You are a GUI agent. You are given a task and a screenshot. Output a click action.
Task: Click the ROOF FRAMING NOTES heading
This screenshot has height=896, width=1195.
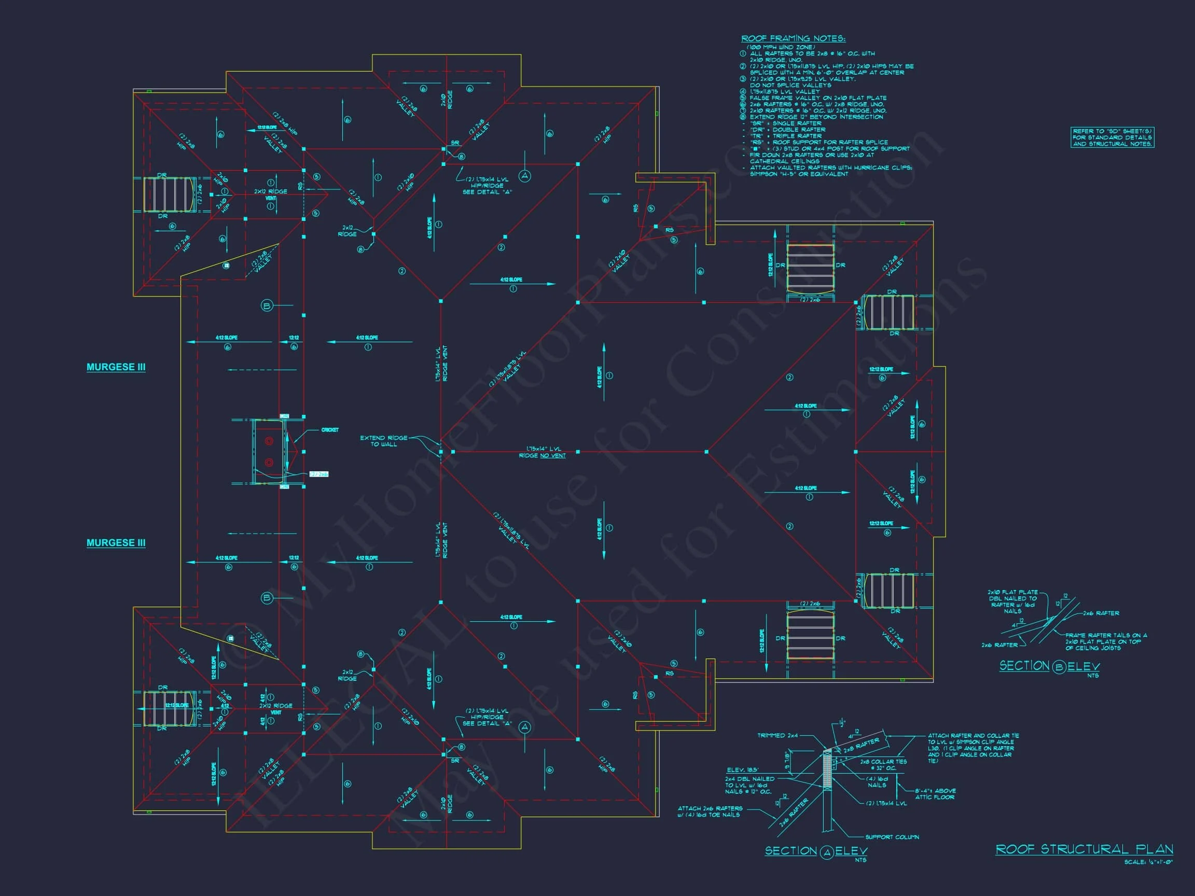(793, 38)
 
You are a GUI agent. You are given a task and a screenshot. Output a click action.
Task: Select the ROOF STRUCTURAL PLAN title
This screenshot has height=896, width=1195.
(1083, 849)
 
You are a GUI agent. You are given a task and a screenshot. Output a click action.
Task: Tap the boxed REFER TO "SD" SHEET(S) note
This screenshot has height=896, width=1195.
(1112, 138)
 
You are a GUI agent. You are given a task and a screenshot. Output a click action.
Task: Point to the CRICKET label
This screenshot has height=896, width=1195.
(329, 430)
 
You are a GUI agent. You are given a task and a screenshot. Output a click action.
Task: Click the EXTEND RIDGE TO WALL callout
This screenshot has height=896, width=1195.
(384, 441)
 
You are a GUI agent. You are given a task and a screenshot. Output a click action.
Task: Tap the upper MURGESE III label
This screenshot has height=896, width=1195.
(116, 367)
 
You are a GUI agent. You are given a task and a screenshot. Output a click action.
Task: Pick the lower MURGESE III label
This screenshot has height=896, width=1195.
(116, 543)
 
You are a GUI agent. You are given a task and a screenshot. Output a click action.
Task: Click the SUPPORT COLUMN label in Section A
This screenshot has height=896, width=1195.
(892, 837)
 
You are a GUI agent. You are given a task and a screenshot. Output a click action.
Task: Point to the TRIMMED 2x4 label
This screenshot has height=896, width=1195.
(777, 736)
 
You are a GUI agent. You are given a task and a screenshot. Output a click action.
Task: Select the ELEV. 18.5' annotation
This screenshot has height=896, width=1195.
(743, 770)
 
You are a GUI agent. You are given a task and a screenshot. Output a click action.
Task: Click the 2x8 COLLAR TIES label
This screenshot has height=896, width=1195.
(883, 764)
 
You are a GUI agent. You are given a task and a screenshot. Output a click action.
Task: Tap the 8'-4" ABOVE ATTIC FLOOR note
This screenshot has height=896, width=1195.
(935, 794)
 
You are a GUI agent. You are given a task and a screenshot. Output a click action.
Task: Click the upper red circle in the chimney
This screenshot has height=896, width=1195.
(269, 441)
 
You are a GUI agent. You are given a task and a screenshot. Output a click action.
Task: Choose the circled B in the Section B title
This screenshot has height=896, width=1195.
(1059, 667)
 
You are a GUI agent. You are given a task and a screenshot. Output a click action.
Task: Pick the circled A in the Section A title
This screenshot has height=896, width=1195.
(827, 853)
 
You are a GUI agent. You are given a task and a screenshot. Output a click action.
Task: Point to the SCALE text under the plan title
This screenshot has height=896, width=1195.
(1148, 862)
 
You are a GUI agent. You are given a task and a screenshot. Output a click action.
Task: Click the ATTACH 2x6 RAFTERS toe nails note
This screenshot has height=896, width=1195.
(710, 812)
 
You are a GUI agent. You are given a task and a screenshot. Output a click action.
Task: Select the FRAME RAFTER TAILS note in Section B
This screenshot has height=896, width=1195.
(1105, 641)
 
